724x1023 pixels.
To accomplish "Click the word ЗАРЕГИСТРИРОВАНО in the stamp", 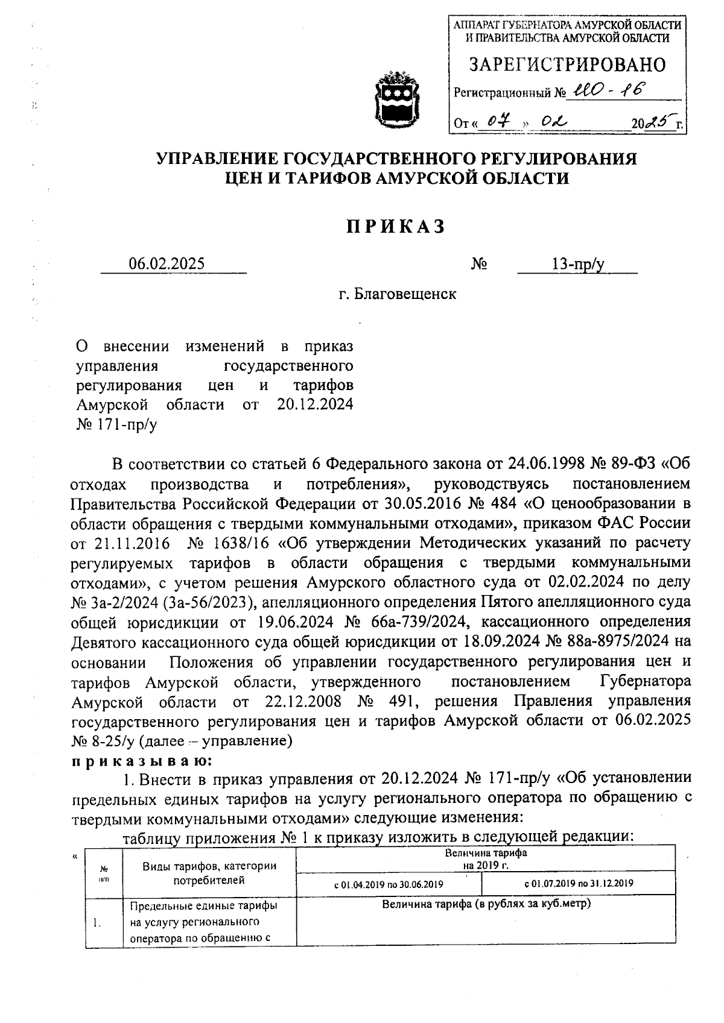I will pyautogui.click(x=567, y=65).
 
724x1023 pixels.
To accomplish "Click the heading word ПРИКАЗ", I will pyautogui.click(x=396, y=226).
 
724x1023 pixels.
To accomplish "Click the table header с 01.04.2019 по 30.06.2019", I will pyautogui.click(x=389, y=884).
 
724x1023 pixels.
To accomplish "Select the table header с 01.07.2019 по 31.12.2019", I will pyautogui.click(x=579, y=884).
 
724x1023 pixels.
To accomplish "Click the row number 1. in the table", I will pyautogui.click(x=97, y=923).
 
